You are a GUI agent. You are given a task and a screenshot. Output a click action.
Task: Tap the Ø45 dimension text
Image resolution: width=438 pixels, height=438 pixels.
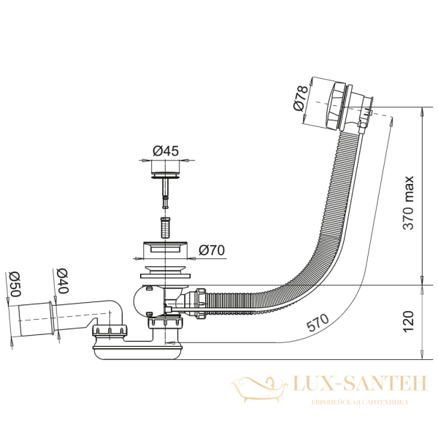click(166, 151)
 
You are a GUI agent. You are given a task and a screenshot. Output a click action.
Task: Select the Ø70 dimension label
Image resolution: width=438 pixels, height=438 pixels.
click(211, 250)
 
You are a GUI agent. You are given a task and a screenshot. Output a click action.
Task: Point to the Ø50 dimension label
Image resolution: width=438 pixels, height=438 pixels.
click(12, 285)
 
